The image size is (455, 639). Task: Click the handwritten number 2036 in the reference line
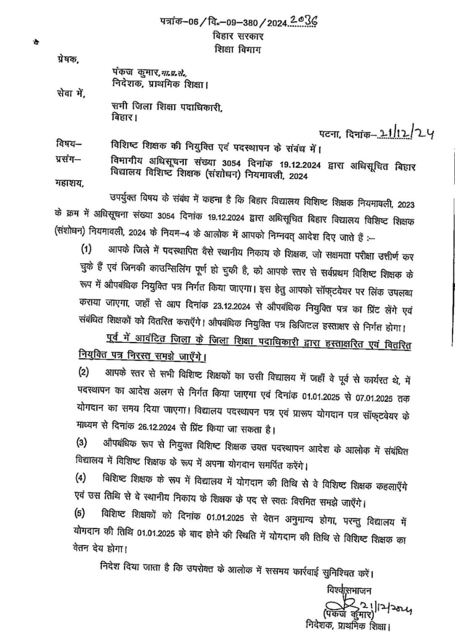coord(303,20)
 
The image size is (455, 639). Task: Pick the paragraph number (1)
coord(88,249)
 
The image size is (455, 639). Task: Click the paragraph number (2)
coord(83,372)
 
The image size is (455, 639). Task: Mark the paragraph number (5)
coord(81,513)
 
